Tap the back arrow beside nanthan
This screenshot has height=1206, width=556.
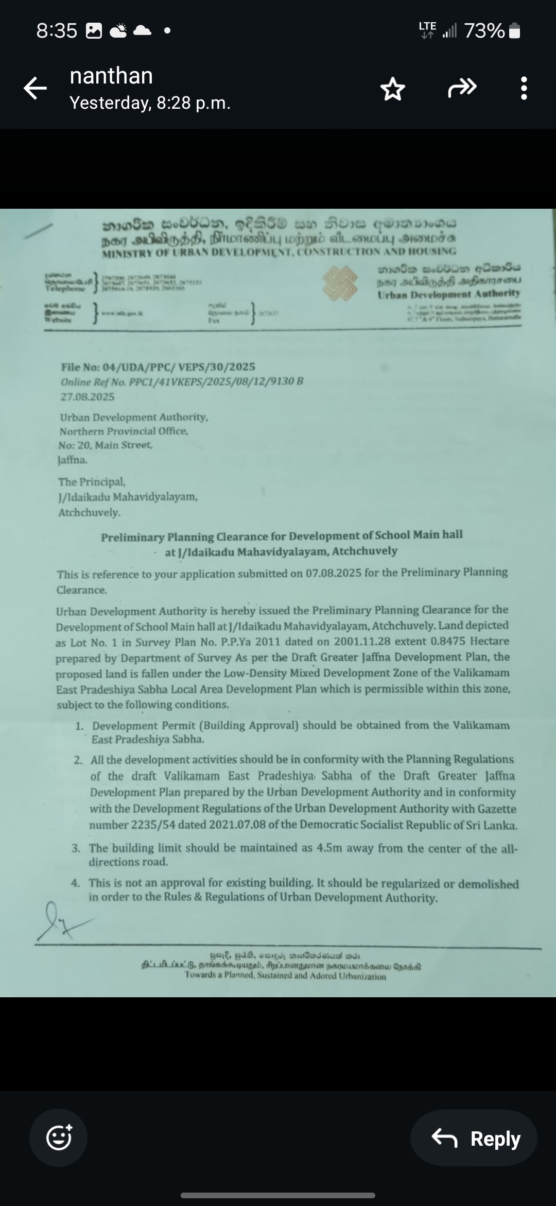click(35, 88)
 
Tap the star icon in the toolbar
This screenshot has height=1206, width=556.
click(392, 89)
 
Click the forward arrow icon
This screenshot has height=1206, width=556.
click(462, 88)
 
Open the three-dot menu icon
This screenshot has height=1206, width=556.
click(524, 89)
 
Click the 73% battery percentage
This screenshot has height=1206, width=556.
click(484, 31)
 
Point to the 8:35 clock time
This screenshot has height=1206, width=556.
click(57, 31)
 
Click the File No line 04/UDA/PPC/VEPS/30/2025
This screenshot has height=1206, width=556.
click(158, 367)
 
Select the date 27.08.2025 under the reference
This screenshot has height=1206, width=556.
click(88, 397)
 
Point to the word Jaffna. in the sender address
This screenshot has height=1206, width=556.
click(73, 460)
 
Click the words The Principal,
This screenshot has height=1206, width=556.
click(92, 482)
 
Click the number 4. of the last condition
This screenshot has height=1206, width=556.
click(76, 883)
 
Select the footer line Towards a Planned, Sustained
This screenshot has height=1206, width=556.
click(285, 976)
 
